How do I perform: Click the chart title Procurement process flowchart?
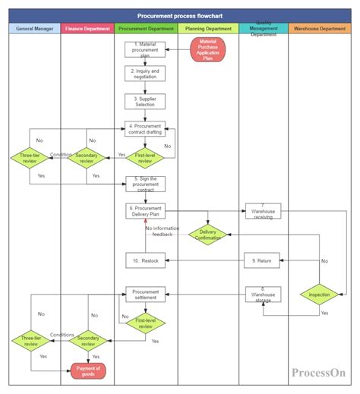coord(180,15)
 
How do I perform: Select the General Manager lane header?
coord(33,29)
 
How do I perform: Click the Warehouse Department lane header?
coord(320,29)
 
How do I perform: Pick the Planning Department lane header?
coord(207,29)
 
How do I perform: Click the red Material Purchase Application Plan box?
coord(207,49)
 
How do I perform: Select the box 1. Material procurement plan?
coord(145,49)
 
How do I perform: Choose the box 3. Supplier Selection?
coord(145,101)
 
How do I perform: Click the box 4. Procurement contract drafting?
coord(145,128)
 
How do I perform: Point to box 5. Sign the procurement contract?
coord(145,184)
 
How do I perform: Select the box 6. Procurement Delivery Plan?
coord(145,210)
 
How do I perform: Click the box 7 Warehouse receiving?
coord(262,210)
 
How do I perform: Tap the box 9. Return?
coord(262,260)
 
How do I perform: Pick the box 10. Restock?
coord(145,260)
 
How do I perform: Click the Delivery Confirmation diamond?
coord(207,235)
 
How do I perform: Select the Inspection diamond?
coord(320,293)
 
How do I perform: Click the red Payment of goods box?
coord(88,370)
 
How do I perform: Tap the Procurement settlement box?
coord(145,294)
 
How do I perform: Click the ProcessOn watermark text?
coord(318,372)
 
